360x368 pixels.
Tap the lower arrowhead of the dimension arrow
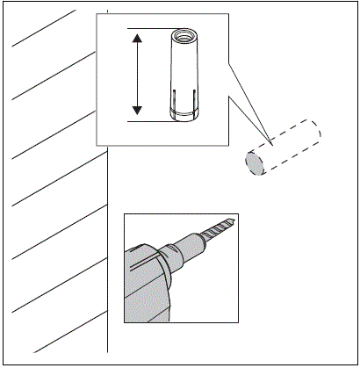click(138, 111)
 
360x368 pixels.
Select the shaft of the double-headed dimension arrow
click(138, 75)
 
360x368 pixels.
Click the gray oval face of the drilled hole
click(255, 163)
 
